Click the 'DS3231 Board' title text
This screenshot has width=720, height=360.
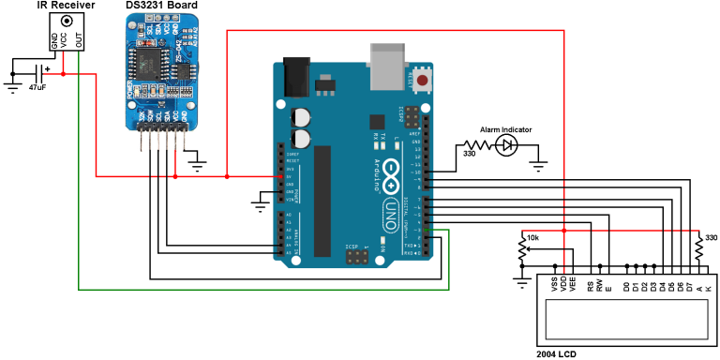click(x=160, y=6)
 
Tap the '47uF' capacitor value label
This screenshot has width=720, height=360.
click(x=38, y=87)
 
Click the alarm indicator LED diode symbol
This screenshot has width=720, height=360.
click(x=507, y=144)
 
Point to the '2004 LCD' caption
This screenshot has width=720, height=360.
click(x=557, y=353)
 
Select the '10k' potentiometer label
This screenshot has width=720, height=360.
click(x=532, y=238)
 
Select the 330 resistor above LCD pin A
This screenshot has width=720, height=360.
click(x=698, y=250)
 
